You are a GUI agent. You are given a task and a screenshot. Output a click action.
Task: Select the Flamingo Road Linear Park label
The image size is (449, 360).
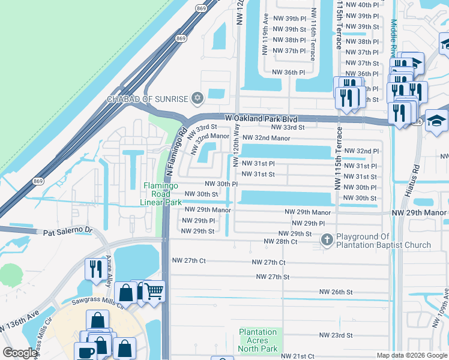161,194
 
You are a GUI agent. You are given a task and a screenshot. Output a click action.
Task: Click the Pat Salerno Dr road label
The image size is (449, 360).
66,230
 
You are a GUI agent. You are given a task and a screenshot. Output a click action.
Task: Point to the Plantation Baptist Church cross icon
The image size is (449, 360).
327,240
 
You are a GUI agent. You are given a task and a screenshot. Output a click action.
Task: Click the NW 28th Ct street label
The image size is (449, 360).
281,241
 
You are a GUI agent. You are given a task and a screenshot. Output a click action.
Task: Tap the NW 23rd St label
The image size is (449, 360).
336,335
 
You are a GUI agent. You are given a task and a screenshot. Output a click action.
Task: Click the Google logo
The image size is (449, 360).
20,353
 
